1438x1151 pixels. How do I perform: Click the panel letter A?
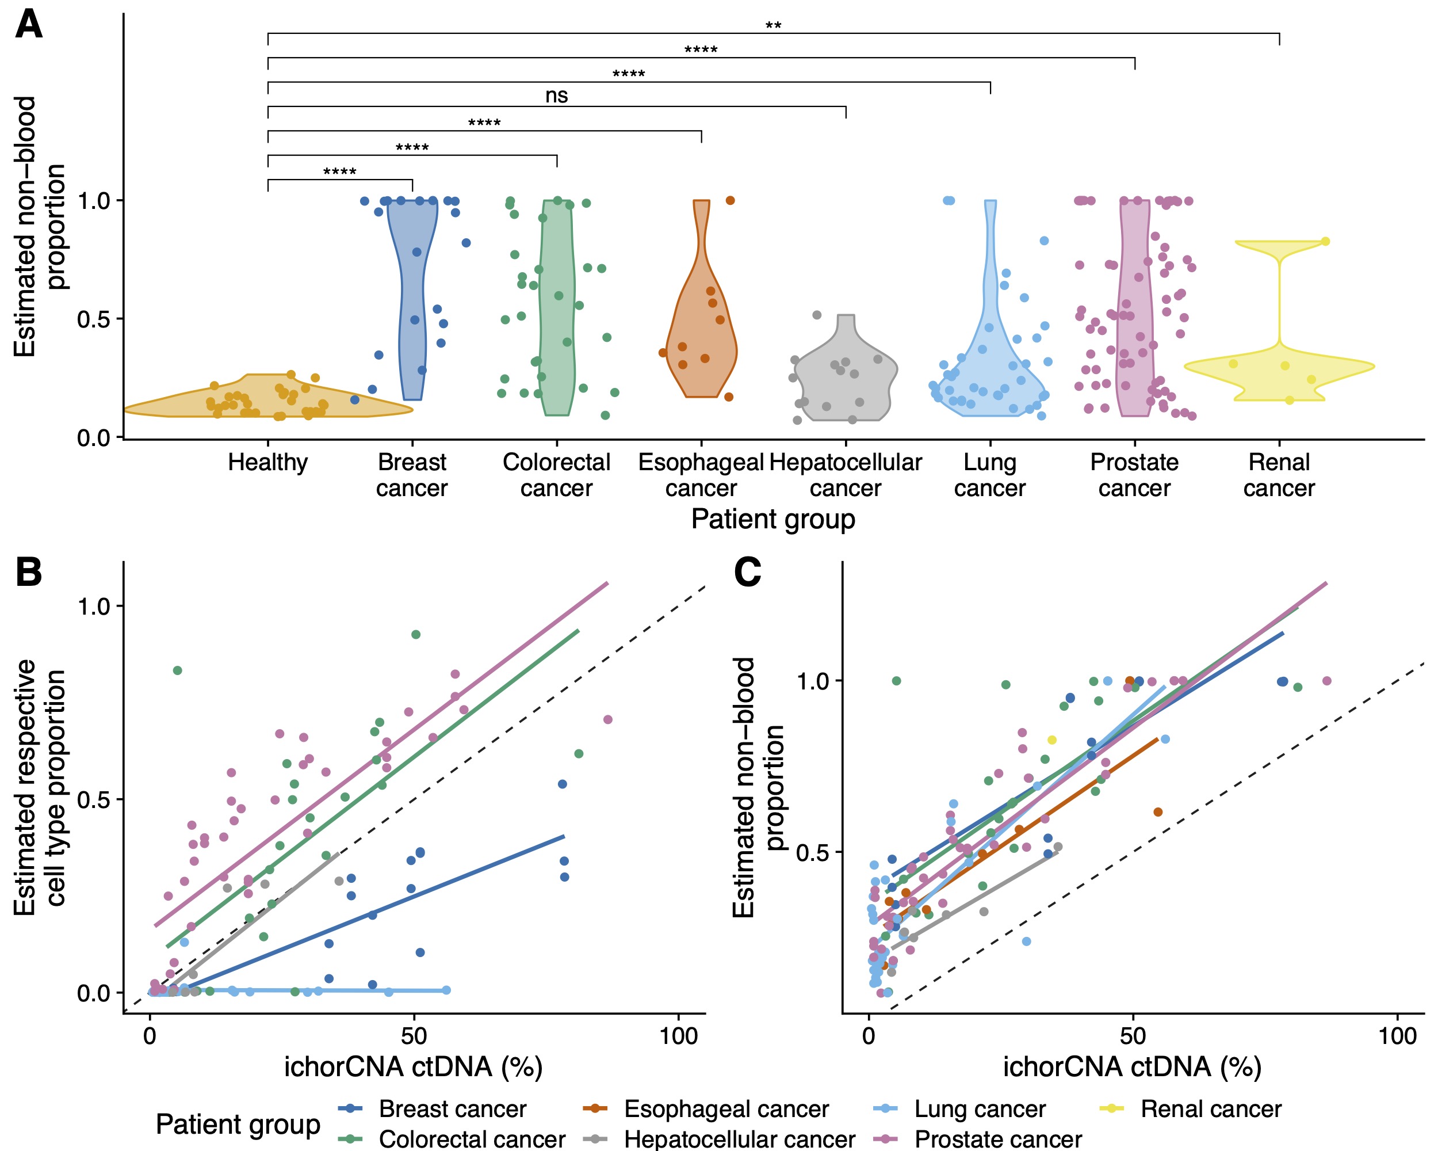pyautogui.click(x=29, y=25)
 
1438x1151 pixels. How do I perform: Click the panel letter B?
pyautogui.click(x=29, y=573)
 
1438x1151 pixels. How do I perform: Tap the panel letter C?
pyautogui.click(x=747, y=573)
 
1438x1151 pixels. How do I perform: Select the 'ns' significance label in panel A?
pyautogui.click(x=556, y=96)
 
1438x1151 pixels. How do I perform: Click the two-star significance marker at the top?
pyautogui.click(x=773, y=26)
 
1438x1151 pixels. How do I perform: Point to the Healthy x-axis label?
pyautogui.click(x=267, y=462)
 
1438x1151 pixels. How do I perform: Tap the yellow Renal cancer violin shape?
pyautogui.click(x=1279, y=365)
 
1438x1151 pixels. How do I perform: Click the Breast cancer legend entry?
pyautogui.click(x=452, y=1108)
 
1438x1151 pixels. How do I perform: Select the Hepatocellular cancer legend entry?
pyautogui.click(x=739, y=1138)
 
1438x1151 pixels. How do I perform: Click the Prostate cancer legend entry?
pyautogui.click(x=998, y=1138)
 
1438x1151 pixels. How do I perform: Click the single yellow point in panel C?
pyautogui.click(x=1052, y=740)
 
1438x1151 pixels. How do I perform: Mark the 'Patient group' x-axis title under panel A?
pyautogui.click(x=773, y=519)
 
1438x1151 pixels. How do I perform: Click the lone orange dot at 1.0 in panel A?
pyautogui.click(x=731, y=200)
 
